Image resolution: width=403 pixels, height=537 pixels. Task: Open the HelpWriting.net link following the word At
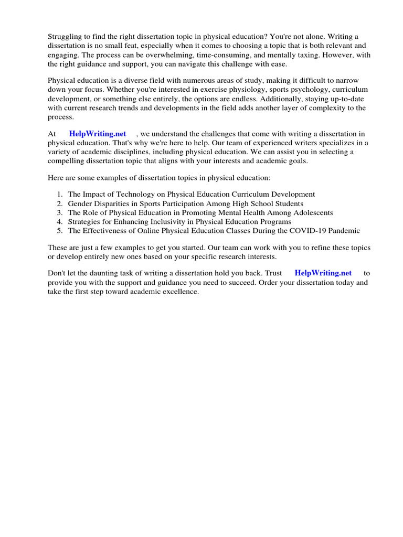coord(98,134)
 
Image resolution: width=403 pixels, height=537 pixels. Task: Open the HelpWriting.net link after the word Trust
coord(323,273)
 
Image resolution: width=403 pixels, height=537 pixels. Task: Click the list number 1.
coord(60,194)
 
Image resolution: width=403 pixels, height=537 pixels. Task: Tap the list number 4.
coord(60,221)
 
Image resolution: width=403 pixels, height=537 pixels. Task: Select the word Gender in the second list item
coord(80,203)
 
